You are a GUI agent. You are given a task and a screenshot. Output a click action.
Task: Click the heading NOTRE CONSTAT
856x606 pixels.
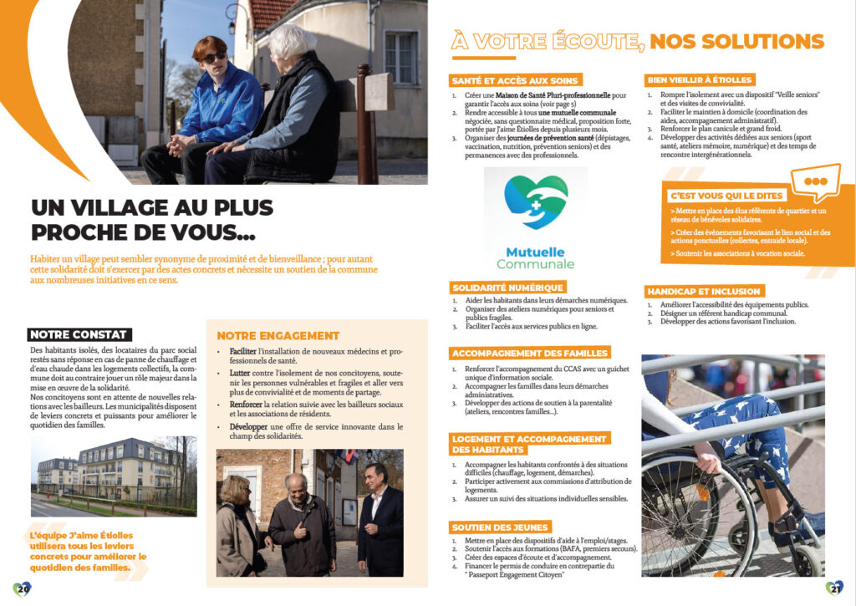tap(78, 334)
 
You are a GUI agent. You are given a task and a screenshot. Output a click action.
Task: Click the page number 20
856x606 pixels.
tap(23, 588)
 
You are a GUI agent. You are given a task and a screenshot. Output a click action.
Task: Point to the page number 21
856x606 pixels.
tap(833, 588)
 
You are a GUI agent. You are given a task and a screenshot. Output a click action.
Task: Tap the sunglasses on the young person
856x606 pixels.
tap(215, 56)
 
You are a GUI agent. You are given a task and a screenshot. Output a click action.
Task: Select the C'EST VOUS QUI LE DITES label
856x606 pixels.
tap(726, 196)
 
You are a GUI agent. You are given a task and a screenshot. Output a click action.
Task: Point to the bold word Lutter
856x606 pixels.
tap(233, 372)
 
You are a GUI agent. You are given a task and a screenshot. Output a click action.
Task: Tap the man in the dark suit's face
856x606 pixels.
tap(376, 476)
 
